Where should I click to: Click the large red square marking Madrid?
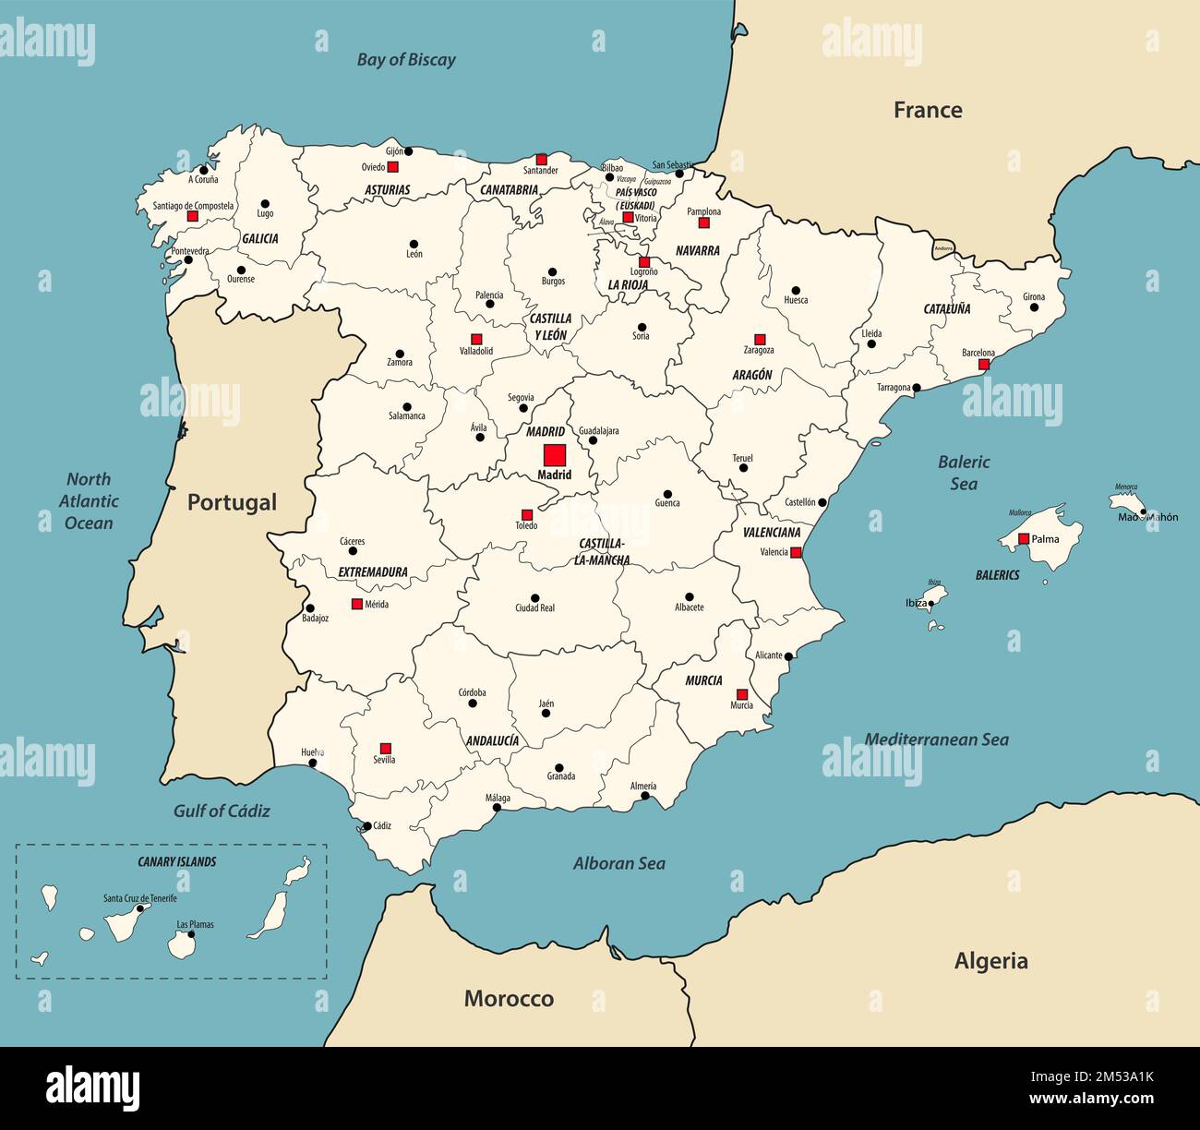pos(554,455)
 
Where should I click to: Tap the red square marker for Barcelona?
pos(984,365)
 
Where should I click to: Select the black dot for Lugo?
pos(265,203)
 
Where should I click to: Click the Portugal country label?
pos(232,502)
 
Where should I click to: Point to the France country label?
pos(928,111)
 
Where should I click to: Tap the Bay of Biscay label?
pos(406,60)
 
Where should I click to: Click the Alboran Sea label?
pos(618,863)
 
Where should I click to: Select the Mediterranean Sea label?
pos(936,739)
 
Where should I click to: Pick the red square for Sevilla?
pos(386,748)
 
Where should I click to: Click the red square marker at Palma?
pos(1023,538)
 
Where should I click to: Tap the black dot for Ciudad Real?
pos(534,597)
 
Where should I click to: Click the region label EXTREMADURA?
pos(373,572)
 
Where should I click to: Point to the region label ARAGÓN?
pos(752,376)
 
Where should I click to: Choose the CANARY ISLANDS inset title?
pos(176,861)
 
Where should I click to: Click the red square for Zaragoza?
pos(760,339)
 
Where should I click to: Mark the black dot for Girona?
pos(1035,307)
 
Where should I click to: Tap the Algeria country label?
pos(990,961)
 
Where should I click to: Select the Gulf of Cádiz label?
pos(222,811)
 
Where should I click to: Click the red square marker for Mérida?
pos(356,604)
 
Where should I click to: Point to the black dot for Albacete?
pos(689,596)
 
